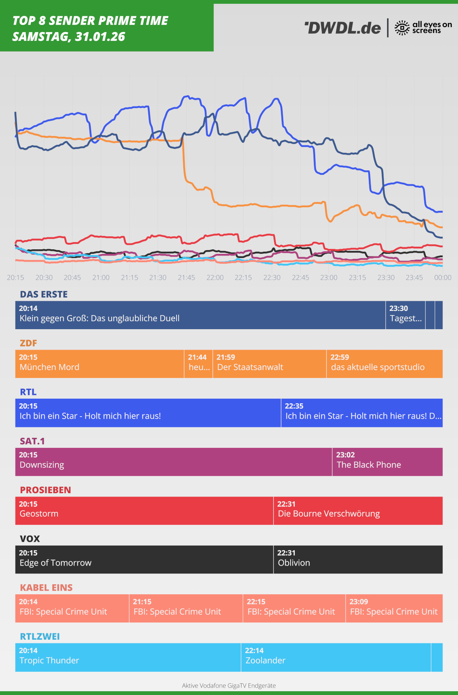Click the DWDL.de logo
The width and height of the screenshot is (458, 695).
pos(342,28)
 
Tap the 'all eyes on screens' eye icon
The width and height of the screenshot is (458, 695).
pos(402,28)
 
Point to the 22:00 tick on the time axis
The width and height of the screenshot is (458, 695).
pos(215,278)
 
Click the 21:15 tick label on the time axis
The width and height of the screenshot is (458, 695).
pos(129,278)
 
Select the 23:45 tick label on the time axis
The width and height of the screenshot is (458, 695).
pos(414,278)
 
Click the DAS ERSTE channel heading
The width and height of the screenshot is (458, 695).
pos(44,294)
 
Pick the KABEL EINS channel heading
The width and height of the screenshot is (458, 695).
pos(46,588)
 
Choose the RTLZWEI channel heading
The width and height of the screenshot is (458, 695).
pos(40,636)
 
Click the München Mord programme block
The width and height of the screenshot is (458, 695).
pos(100,364)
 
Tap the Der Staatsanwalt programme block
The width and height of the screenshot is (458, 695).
pos(269,364)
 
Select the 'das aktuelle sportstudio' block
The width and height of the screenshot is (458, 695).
pos(384,364)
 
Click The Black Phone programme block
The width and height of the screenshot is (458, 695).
pos(387,462)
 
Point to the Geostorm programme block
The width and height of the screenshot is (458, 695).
pos(144,511)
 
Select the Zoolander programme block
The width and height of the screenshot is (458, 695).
pos(336,657)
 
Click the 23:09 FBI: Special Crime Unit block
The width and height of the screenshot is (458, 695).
pos(394,608)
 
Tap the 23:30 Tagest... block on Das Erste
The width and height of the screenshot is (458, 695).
pos(406,315)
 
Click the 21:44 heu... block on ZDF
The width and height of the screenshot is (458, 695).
pos(199,364)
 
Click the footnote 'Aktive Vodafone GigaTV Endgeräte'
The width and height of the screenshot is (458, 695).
pos(229,685)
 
